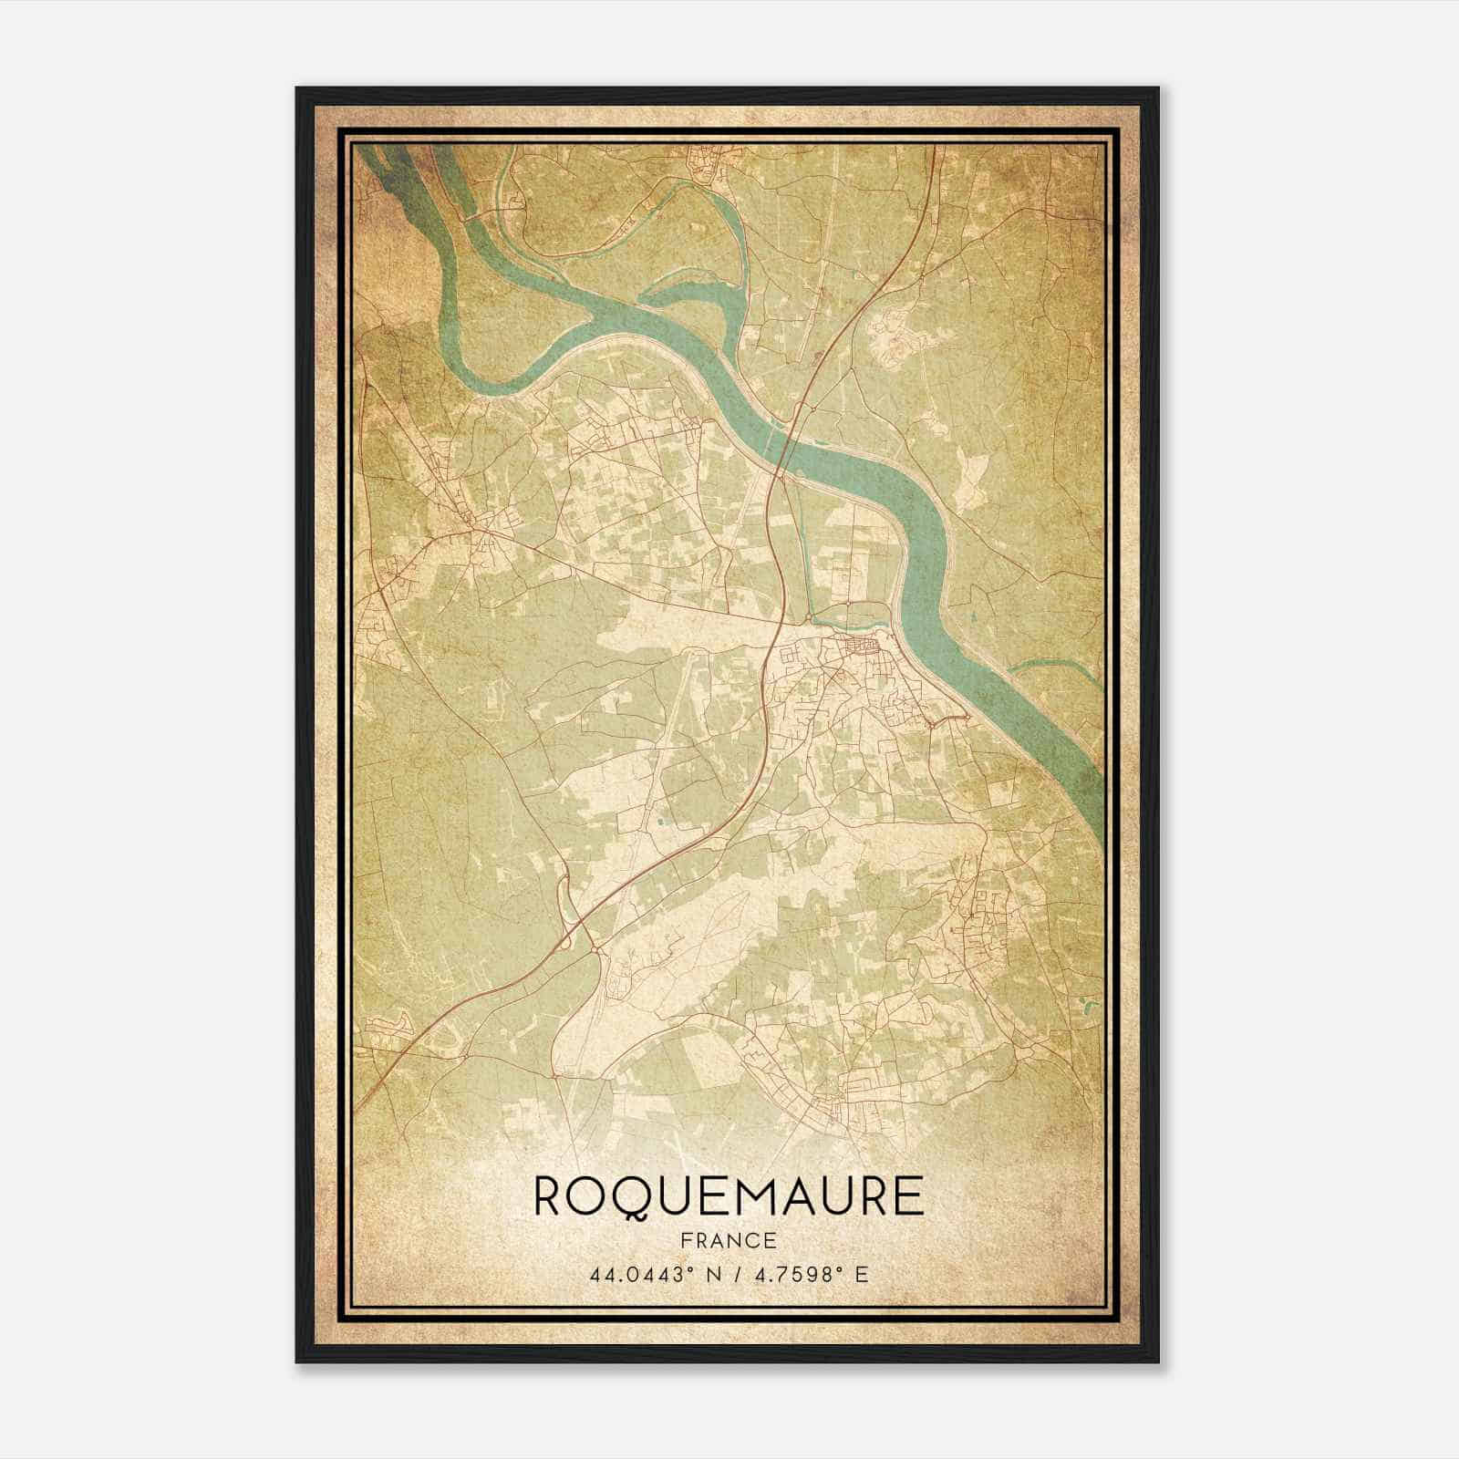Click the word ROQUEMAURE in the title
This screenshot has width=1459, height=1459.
click(x=728, y=1196)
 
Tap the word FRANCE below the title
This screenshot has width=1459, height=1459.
click(x=728, y=1241)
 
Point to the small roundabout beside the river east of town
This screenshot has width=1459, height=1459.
click(x=931, y=723)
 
